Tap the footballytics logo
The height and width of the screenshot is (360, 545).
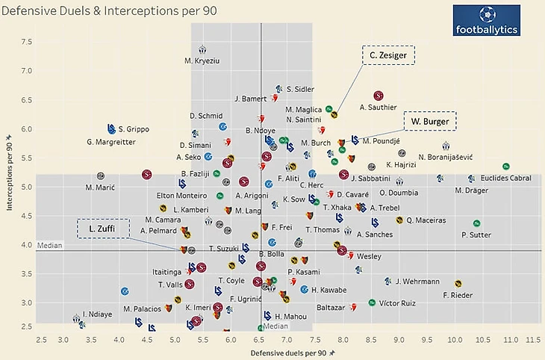coord(487,22)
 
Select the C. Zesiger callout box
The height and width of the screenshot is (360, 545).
coord(388,55)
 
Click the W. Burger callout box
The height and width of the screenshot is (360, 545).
coord(430,121)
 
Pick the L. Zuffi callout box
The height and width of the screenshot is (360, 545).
coord(103,229)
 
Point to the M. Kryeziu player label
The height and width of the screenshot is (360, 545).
coord(202,60)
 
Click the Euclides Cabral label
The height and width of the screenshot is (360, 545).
coord(506,178)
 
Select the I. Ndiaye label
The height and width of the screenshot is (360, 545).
coord(97,314)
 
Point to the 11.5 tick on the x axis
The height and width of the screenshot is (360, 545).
coord(532,340)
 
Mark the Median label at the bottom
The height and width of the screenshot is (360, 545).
coord(275,326)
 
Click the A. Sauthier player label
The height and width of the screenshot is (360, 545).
coord(378,108)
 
